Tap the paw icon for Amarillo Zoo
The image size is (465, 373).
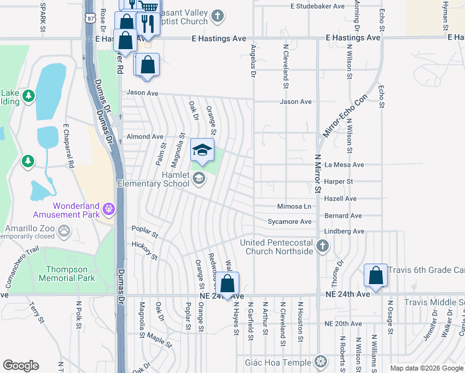coord(64,231)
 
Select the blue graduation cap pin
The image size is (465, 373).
coord(202,150)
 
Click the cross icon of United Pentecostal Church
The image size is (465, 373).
coord(322,246)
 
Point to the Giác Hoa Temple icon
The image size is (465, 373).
coord(321,361)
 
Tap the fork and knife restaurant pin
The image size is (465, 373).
coord(147,24)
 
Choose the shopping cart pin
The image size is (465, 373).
coord(148,6)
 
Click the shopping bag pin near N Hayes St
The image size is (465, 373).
coord(228,285)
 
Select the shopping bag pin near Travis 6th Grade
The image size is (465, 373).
coord(376,275)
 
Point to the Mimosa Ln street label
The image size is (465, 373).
coord(293,206)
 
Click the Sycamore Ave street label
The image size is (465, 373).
coord(289,221)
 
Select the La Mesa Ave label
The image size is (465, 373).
coord(344,165)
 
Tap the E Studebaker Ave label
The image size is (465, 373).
coord(317,6)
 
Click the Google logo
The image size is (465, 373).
coord(21,366)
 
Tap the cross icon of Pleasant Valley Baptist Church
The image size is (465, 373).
coord(217,15)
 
